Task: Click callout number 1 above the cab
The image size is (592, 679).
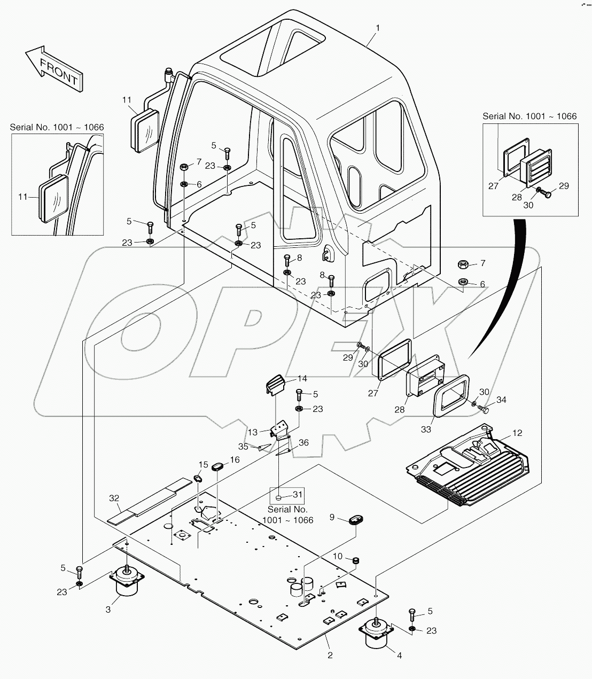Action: pos(377,27)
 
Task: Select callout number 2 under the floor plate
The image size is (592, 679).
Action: pos(330,655)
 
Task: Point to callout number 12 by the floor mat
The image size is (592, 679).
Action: pos(517,433)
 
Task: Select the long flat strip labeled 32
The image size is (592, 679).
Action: pos(150,500)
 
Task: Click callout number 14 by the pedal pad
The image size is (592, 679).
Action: pos(302,379)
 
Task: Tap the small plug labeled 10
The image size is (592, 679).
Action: pos(355,560)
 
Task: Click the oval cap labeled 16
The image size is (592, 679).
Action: pos(218,467)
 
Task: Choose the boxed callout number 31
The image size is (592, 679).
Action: pos(298,495)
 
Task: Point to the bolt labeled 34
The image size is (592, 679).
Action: pos(485,410)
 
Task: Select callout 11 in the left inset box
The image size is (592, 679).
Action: pos(22,197)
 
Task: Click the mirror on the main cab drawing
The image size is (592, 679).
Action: pos(145,127)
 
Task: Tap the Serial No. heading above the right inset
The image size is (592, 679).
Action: pos(529,116)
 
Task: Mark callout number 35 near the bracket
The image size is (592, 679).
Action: pos(243,447)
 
